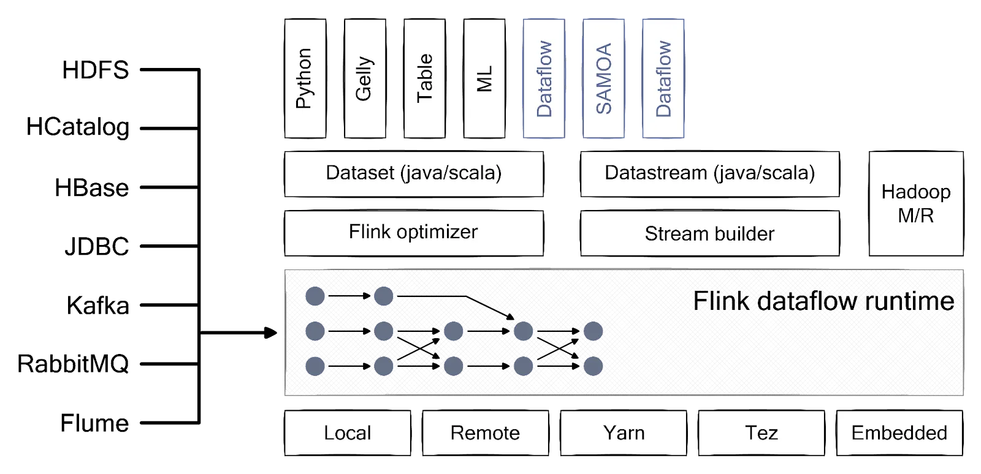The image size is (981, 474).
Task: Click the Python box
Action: pyautogui.click(x=305, y=78)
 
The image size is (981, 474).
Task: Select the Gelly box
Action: pyautogui.click(x=365, y=78)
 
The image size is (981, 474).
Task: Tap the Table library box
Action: pyautogui.click(x=424, y=78)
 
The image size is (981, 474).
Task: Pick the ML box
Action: pyautogui.click(x=484, y=78)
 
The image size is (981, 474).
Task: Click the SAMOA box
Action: pyautogui.click(x=604, y=78)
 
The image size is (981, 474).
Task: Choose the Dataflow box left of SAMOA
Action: pyautogui.click(x=544, y=78)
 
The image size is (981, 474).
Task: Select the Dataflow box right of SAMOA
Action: pyautogui.click(x=663, y=78)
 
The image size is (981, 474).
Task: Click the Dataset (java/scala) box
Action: pyautogui.click(x=414, y=174)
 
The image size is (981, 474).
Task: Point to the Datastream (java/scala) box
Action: pyautogui.click(x=709, y=174)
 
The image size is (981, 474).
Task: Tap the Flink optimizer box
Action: pyautogui.click(x=414, y=233)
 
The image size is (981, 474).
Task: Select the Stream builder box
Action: pyautogui.click(x=709, y=234)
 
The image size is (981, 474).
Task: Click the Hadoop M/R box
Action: pyautogui.click(x=916, y=203)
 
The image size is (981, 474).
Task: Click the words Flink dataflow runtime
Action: pyautogui.click(x=823, y=301)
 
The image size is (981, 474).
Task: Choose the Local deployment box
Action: pyautogui.click(x=348, y=433)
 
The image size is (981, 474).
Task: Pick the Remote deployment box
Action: pyautogui.click(x=485, y=433)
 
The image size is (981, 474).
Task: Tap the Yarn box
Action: pyautogui.click(x=624, y=433)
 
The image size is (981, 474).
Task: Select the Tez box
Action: pyautogui.click(x=761, y=433)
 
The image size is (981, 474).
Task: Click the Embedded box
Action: pyautogui.click(x=899, y=433)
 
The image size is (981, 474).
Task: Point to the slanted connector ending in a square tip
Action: pyautogui.click(x=487, y=306)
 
